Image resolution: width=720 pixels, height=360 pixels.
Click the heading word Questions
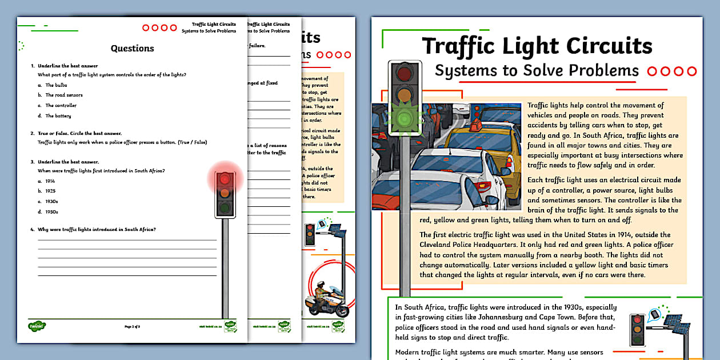pyautogui.click(x=132, y=49)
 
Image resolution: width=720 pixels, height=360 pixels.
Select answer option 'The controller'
pyautogui.click(x=61, y=106)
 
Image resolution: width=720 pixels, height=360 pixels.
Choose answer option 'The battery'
pyautogui.click(x=58, y=116)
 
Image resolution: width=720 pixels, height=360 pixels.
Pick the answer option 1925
pyautogui.click(x=50, y=191)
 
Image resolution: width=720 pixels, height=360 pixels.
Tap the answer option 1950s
pyautogui.click(x=51, y=212)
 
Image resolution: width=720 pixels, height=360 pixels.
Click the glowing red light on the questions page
pyautogui.click(x=225, y=179)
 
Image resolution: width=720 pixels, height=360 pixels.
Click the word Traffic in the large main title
pyautogui.click(x=462, y=46)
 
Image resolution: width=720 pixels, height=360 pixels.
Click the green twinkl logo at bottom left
pyautogui.click(x=37, y=327)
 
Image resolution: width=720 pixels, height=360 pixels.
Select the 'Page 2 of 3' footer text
pyautogui.click(x=132, y=327)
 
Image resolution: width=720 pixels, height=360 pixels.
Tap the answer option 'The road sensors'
pyautogui.click(x=64, y=95)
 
